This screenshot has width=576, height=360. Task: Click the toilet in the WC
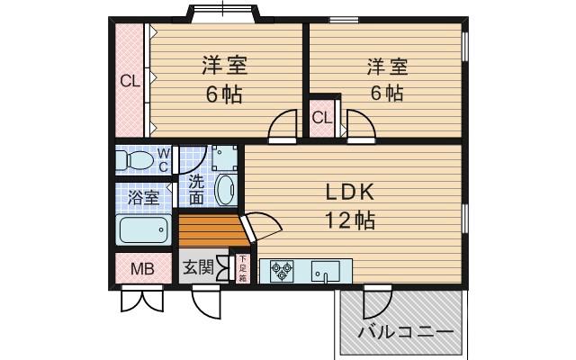[x=138, y=161]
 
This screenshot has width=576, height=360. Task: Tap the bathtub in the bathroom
[x=144, y=229]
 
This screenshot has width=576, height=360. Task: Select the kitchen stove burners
[x=281, y=271]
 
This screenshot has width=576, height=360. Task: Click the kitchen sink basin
[x=325, y=270]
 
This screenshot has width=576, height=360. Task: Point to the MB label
[x=142, y=268]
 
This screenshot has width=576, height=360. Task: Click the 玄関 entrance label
[x=198, y=267]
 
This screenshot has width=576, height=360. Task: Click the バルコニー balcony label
[x=405, y=332]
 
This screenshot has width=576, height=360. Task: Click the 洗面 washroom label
[x=197, y=187]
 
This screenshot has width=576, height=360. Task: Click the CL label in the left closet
[x=130, y=81]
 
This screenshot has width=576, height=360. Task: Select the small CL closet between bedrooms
[x=322, y=118]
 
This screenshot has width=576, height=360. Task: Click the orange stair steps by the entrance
[x=211, y=229]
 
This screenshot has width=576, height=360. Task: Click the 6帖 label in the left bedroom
[x=224, y=94]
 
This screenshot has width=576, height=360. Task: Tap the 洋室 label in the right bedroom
[x=387, y=67]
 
